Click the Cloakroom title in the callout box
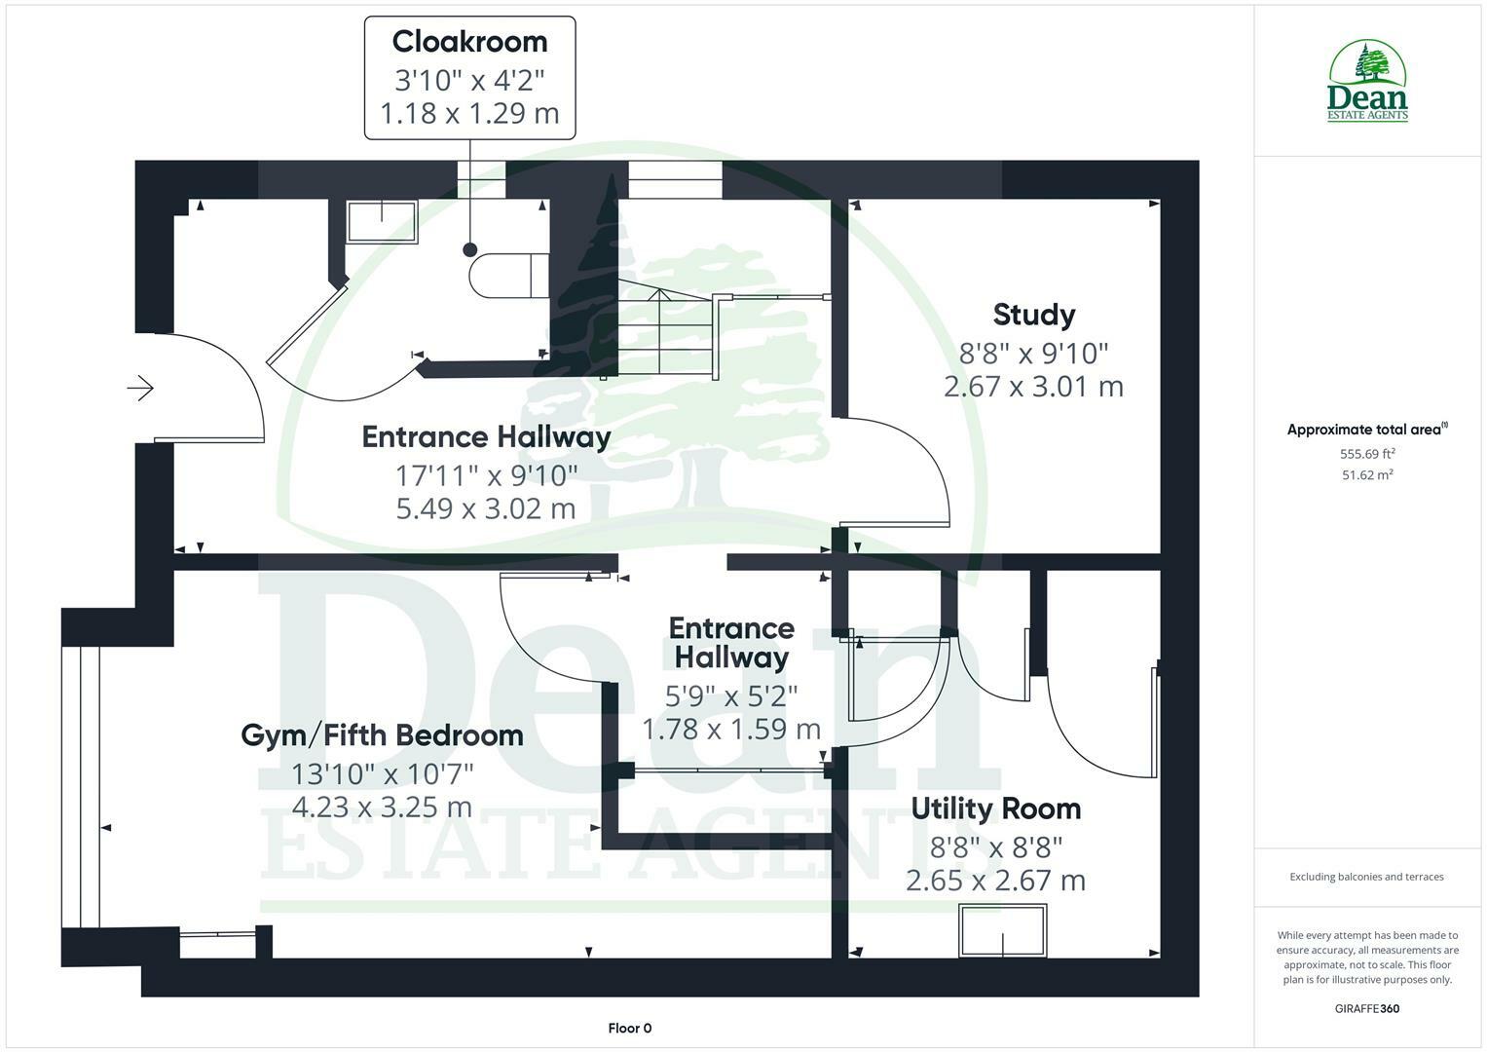click(469, 42)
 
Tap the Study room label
click(1033, 315)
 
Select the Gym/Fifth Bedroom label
click(382, 734)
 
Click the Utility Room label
click(995, 808)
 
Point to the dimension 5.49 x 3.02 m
click(485, 508)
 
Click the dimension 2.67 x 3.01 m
click(1033, 387)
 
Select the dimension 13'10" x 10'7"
click(382, 774)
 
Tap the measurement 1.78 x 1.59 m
click(730, 729)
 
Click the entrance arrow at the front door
click(140, 389)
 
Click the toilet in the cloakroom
click(506, 275)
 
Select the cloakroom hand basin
click(382, 221)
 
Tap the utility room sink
click(1002, 930)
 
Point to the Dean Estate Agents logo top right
click(1367, 82)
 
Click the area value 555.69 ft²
click(1367, 454)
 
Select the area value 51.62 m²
click(1367, 475)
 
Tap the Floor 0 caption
click(629, 1029)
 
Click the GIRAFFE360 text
click(1366, 1009)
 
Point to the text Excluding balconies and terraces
click(1366, 877)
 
